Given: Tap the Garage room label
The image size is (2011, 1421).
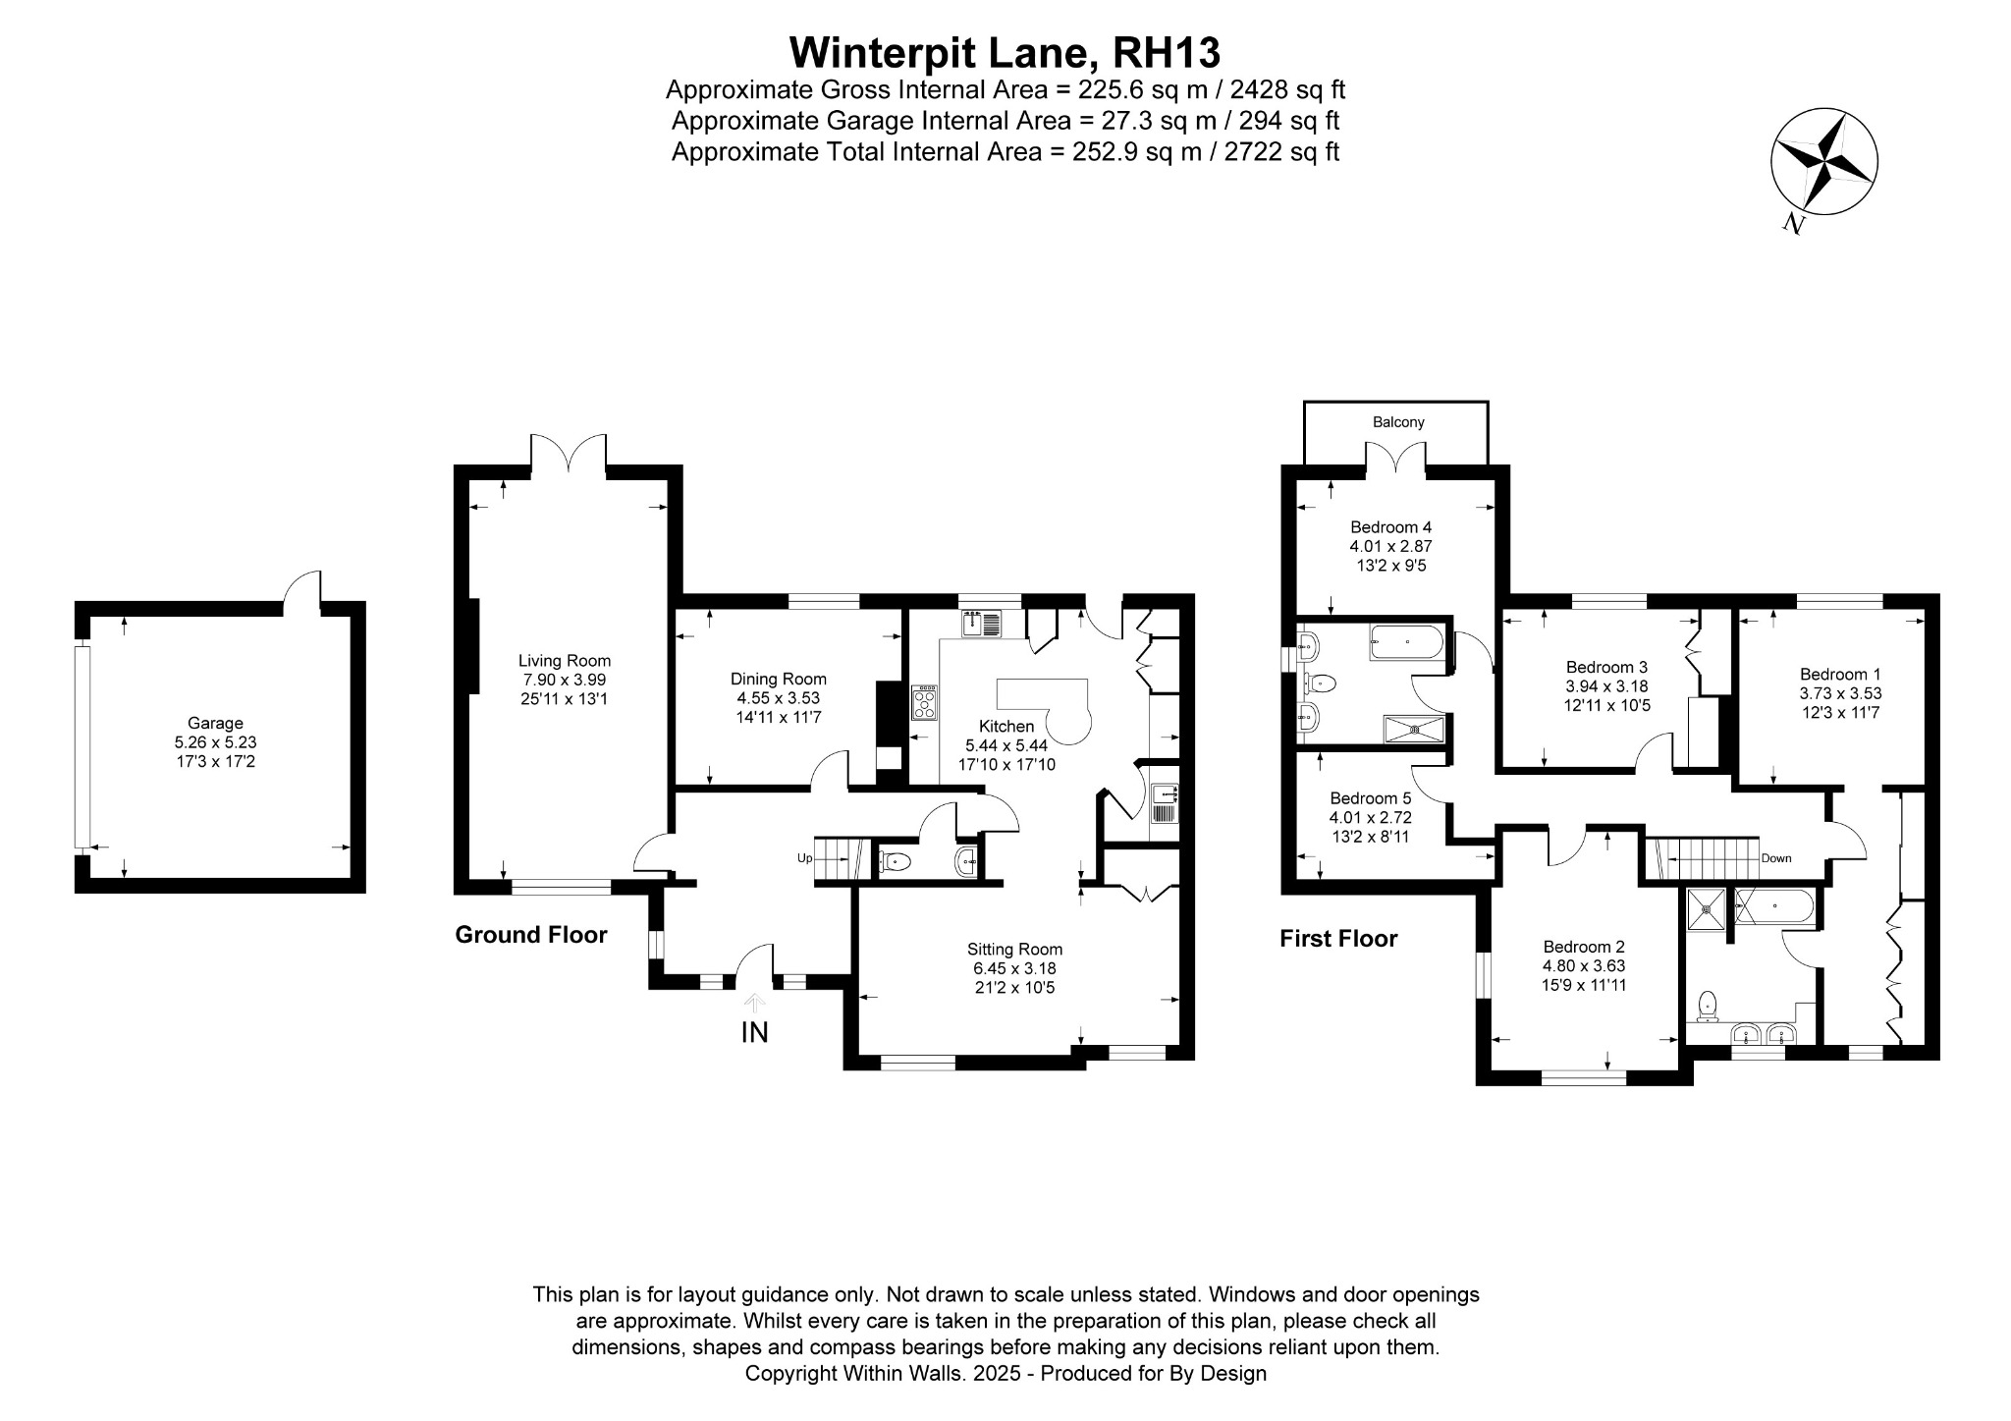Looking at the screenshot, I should [215, 724].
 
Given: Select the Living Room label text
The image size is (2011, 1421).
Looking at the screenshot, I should [565, 661].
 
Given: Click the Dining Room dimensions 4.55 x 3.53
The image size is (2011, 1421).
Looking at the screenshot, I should [779, 698].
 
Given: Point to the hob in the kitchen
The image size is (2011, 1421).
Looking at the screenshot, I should [925, 703].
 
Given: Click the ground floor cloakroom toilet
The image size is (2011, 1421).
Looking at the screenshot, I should [896, 862].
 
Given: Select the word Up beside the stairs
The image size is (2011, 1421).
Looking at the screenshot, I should [804, 857].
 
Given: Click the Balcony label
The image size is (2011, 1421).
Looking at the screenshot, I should [1398, 422].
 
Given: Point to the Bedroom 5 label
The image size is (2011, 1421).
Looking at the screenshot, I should [1370, 798].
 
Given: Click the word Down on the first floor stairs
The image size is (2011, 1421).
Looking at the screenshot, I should [1776, 857].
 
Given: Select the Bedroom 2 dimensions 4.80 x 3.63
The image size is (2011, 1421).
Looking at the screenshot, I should [1584, 965].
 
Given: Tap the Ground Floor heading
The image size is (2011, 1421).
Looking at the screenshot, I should [531, 935].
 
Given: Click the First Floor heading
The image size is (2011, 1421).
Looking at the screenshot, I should [1338, 939].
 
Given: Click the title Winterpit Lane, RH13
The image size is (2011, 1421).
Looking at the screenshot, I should [1005, 51].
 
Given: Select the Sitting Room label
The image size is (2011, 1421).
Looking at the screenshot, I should [1014, 949].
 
